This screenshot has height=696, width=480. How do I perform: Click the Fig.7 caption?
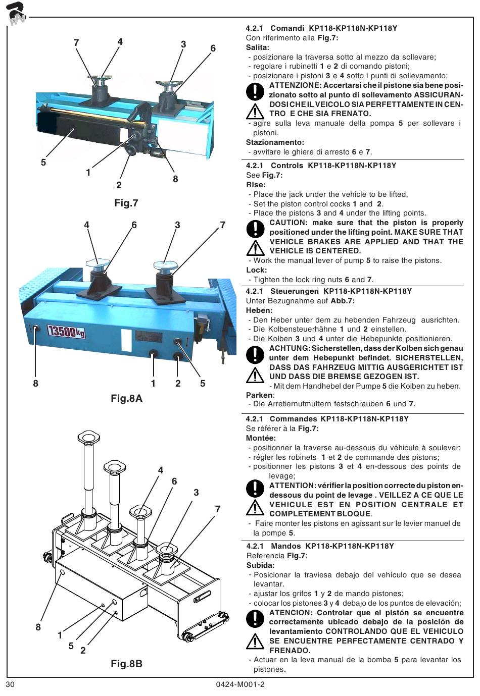click(126, 203)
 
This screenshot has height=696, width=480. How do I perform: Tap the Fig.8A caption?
click(126, 399)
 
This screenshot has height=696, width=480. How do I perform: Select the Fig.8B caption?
click(126, 664)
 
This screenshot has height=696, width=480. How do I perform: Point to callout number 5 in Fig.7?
click(43, 162)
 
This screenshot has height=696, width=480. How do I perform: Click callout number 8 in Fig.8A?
click(35, 383)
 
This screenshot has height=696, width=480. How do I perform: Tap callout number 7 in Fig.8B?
click(218, 509)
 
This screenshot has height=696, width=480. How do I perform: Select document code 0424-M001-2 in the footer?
click(240, 684)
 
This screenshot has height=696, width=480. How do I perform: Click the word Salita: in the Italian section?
click(257, 47)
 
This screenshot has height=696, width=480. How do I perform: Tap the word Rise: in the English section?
click(256, 185)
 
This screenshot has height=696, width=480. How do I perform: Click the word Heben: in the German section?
click(259, 310)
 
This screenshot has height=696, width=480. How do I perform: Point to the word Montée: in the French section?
click(261, 438)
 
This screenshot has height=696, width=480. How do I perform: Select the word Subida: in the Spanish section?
click(260, 565)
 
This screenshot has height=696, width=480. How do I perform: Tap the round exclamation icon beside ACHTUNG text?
click(256, 355)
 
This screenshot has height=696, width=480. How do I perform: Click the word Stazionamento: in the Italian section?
click(275, 142)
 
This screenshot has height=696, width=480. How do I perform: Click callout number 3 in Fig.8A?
click(177, 225)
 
